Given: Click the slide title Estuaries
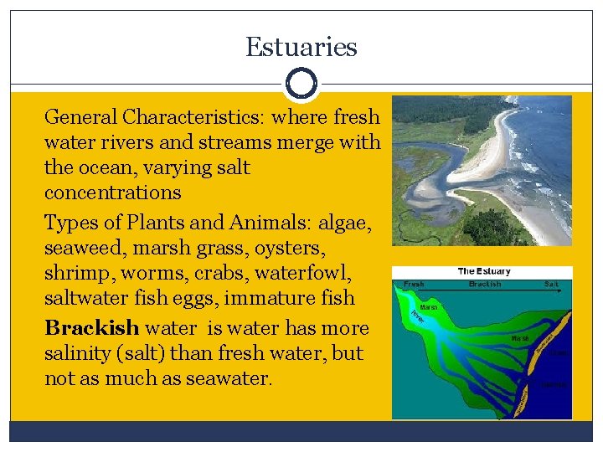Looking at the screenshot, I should coord(301,47).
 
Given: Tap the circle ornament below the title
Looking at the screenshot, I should coord(301,84).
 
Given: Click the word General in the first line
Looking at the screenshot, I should coord(80,116).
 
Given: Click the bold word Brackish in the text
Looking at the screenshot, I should coord(92,326).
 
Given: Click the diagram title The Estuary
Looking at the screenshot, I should coord(483,271).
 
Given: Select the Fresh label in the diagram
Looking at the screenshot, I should coord(414,285).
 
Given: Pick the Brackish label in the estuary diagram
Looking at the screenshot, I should coord(484,285).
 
